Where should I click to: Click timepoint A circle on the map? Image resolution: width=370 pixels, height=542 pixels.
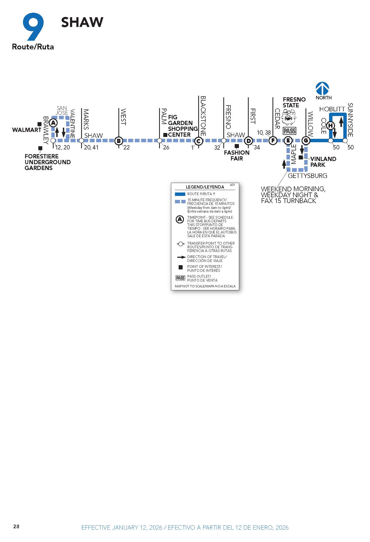point(53,123)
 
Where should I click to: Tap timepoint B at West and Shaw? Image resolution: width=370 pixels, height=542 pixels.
point(119,141)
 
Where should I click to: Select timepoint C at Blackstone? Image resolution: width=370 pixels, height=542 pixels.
point(198,141)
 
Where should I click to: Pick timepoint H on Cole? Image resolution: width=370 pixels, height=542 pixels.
point(330,125)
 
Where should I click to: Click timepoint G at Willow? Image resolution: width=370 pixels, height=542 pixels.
point(306,141)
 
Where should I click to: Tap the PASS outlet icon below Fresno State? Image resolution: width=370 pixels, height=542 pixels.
point(289,131)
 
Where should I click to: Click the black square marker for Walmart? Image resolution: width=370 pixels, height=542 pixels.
point(39,124)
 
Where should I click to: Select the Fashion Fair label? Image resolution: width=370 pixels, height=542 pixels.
point(237,155)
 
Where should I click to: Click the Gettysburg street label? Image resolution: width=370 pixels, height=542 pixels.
point(307,176)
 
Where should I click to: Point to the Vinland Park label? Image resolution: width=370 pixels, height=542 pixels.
point(323,162)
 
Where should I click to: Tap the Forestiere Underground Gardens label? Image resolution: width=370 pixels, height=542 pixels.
point(48,162)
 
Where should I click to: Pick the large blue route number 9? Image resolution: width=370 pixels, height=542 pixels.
point(33,26)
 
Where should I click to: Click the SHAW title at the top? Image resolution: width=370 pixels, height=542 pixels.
point(82,22)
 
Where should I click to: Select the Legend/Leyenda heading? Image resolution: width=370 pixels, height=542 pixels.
point(205,187)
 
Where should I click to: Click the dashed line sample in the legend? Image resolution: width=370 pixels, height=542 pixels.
point(180,201)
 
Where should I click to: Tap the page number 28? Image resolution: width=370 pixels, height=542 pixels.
point(16,526)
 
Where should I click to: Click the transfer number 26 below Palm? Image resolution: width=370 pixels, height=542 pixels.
point(166,148)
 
